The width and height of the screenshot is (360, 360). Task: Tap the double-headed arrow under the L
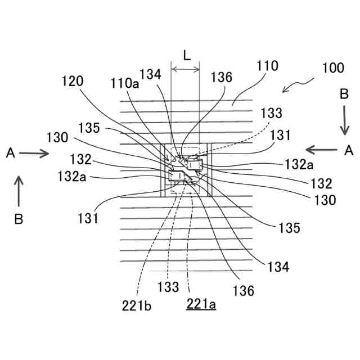tap(185, 70)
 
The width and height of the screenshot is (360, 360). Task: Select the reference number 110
tap(267, 66)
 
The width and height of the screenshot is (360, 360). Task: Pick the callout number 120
tap(73, 81)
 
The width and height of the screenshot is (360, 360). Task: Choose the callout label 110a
tap(125, 83)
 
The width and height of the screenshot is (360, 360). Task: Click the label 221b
tap(137, 307)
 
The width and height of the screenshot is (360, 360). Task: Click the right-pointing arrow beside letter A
tap(35, 152)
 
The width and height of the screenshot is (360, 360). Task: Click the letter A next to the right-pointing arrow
tap(10, 152)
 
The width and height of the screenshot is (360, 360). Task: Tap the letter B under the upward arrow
tap(19, 220)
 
